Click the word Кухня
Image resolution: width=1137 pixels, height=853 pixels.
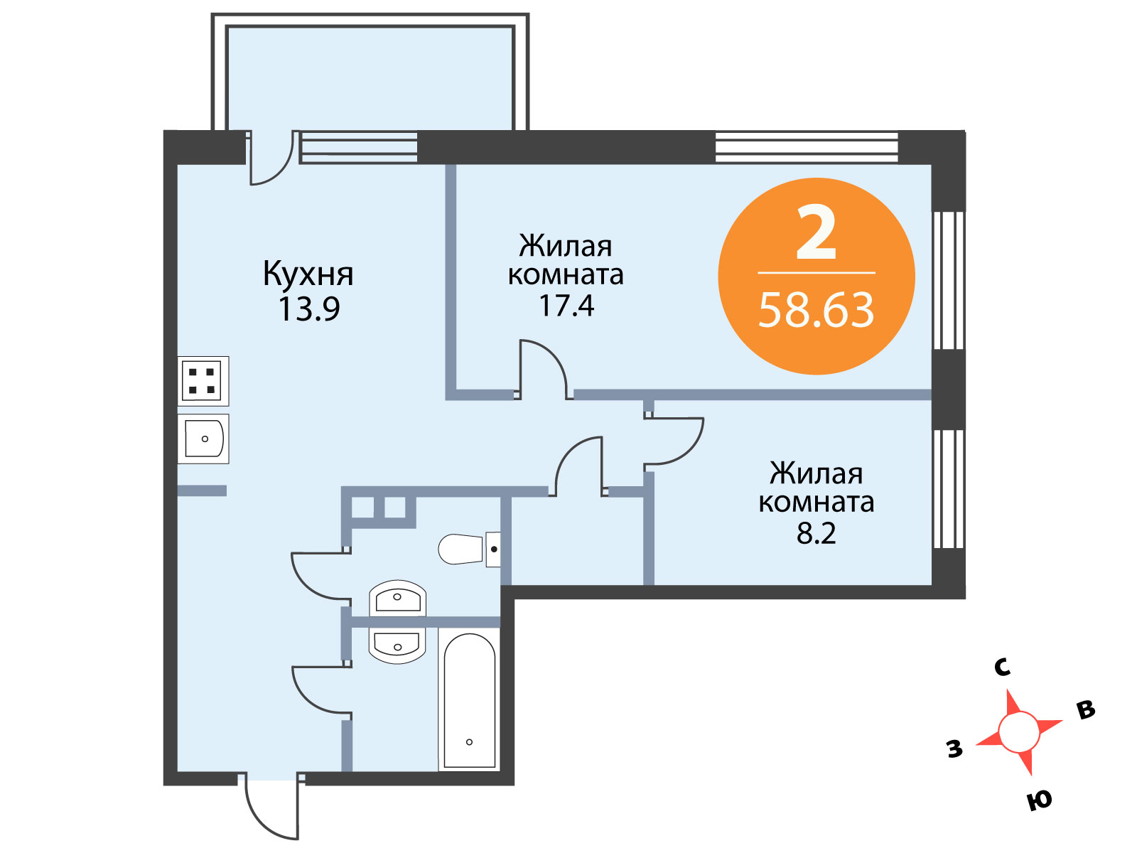(308, 275)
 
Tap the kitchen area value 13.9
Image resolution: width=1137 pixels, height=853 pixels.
(308, 309)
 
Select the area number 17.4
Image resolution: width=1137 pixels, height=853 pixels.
(566, 306)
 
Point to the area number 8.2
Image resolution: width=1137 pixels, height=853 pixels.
(816, 534)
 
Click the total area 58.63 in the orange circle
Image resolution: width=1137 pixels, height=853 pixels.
(817, 310)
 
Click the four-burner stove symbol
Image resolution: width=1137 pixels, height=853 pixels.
(203, 381)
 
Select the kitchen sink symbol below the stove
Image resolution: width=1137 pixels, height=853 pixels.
(203, 439)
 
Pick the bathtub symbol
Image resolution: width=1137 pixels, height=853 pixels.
(469, 700)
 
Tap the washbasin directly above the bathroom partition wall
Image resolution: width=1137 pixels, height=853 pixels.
(397, 599)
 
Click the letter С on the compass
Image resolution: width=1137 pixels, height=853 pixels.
(1002, 667)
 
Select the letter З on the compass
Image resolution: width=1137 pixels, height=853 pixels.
(954, 749)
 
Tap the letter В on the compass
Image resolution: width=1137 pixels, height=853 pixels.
(1086, 709)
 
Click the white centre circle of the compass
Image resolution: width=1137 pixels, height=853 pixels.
(1019, 732)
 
